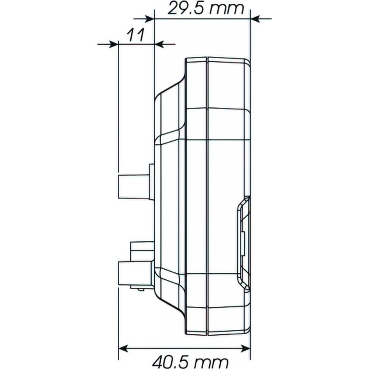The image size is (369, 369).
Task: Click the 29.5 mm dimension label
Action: [x=206, y=9]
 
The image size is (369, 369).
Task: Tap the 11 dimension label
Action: [x=135, y=35]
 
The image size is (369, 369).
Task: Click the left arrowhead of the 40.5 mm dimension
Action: [x=123, y=348]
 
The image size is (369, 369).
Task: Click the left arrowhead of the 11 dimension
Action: [x=113, y=44]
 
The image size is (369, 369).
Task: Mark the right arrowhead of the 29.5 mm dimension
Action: [x=255, y=18]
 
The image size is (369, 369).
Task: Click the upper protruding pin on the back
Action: [x=134, y=187]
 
